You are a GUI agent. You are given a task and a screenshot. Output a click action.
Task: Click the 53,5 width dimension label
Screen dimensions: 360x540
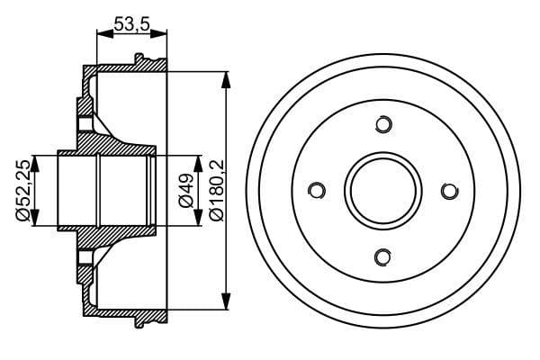pos(131,25)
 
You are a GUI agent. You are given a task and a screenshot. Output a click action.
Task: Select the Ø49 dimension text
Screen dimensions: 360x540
pos(186,191)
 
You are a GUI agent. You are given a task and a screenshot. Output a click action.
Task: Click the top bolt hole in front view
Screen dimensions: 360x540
pos(382,124)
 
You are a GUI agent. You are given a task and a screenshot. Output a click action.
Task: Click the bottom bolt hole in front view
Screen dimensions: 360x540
pos(382,257)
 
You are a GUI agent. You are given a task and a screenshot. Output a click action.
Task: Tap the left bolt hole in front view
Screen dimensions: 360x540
pos(316,190)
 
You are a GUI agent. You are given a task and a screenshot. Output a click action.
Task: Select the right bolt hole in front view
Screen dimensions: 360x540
pos(449,190)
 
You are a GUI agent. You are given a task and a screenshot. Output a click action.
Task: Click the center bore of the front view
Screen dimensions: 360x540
pos(382,191)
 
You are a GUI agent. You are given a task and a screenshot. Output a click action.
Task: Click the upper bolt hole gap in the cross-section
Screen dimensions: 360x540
pos(85,124)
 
